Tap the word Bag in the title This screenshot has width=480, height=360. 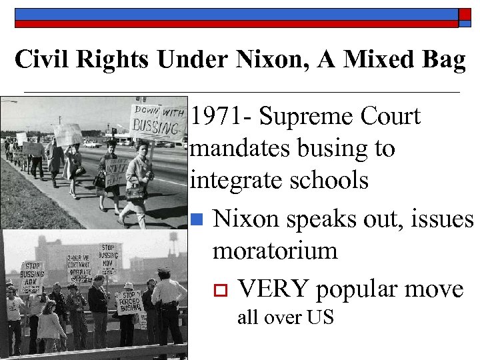click(440, 61)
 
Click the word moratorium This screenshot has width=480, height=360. click(275, 251)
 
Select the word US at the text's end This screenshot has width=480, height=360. click(320, 317)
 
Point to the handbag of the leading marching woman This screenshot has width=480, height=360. click(135, 191)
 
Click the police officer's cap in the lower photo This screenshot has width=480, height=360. click(164, 271)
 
